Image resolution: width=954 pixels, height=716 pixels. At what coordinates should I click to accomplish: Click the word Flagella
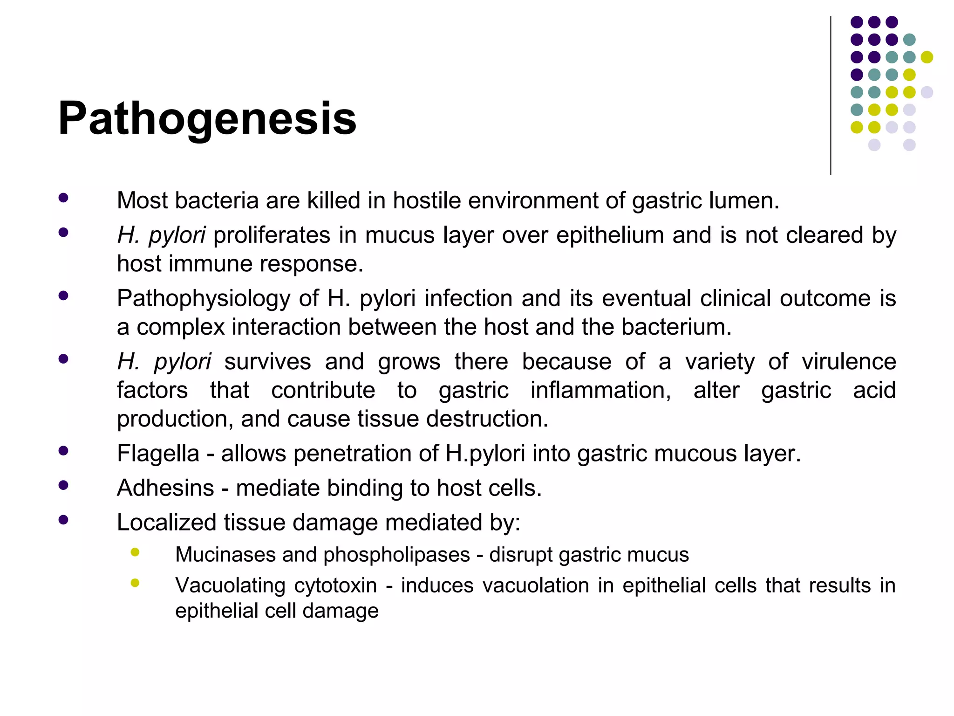[x=158, y=454]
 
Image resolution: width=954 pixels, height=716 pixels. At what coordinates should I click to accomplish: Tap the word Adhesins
[x=165, y=488]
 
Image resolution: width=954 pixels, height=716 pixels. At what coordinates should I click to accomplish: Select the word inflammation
[x=600, y=390]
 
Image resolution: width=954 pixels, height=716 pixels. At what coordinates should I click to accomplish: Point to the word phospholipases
[x=396, y=555]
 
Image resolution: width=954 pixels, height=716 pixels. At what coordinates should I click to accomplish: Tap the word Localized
[x=166, y=523]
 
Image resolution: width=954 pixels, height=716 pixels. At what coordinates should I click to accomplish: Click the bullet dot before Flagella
[x=63, y=451]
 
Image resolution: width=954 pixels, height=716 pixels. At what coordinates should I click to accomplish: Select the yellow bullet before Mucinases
[x=135, y=552]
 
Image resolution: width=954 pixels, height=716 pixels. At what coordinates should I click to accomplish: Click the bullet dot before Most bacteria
[x=63, y=198]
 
